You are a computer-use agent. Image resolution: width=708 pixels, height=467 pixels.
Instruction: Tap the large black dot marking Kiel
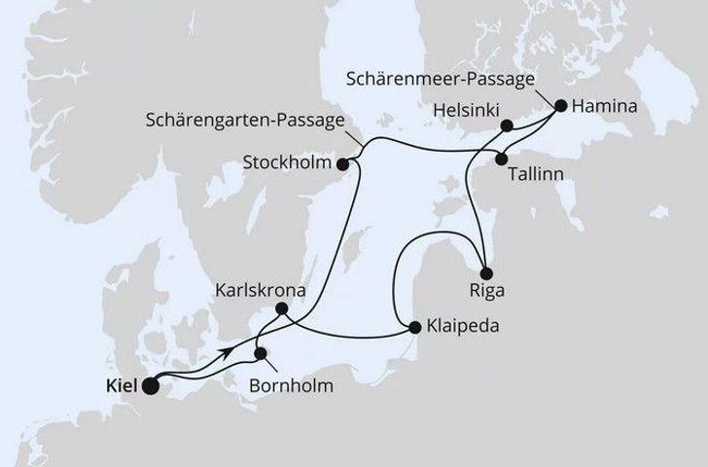(x=152, y=386)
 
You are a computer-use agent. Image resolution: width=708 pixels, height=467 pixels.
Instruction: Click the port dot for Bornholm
(x=260, y=353)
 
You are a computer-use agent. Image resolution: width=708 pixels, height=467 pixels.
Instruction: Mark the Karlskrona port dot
(x=281, y=309)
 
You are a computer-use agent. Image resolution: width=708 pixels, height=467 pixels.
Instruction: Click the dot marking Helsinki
(x=506, y=125)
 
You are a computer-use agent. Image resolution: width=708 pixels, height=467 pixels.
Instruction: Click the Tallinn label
(x=536, y=180)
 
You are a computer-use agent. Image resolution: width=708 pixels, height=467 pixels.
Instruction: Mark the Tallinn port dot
(x=502, y=159)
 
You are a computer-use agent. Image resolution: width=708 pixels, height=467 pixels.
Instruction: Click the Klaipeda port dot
(x=415, y=328)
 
